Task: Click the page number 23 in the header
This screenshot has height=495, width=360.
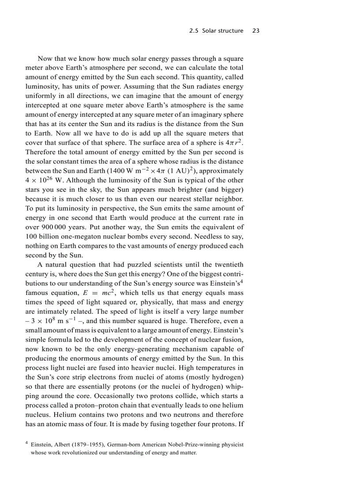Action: [255, 31]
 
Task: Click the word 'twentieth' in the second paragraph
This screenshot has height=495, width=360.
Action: [225, 264]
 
